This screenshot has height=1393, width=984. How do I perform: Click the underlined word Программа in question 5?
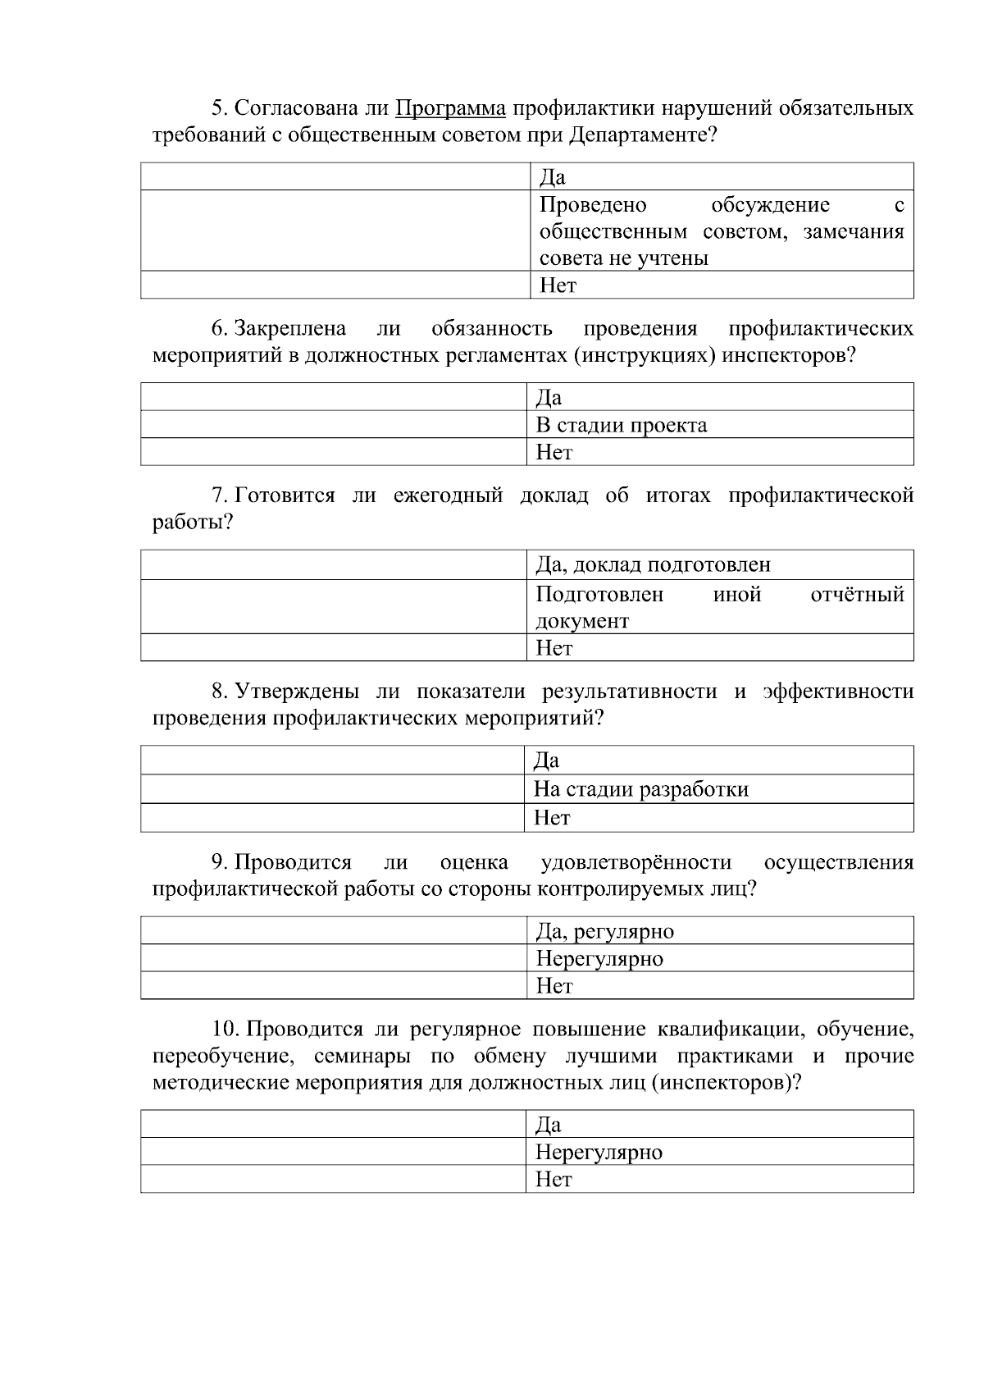[450, 108]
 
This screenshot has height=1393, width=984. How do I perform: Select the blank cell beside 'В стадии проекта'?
[333, 425]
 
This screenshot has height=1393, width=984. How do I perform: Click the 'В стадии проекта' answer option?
[621, 425]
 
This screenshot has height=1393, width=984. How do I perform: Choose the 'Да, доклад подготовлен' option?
[653, 564]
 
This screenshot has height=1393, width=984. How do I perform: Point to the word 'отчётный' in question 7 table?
[857, 594]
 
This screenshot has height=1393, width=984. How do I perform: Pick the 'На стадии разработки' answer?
[640, 789]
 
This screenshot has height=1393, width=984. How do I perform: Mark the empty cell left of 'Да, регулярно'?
[333, 931]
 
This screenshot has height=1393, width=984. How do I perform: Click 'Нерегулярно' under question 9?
[599, 958]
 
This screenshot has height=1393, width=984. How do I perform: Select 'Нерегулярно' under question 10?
[599, 1152]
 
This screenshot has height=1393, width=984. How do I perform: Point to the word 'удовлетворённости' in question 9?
[636, 862]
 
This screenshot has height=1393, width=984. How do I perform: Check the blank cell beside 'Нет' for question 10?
[333, 1179]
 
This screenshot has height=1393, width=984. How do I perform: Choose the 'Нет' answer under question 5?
[558, 285]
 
